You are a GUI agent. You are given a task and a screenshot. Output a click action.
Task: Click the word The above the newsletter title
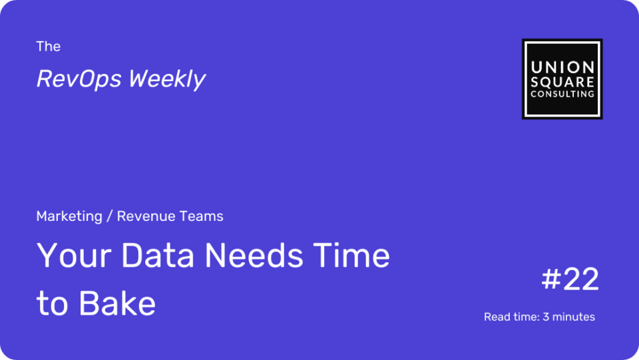pyautogui.click(x=48, y=47)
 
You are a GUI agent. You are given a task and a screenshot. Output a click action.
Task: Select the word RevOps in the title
pyautogui.click(x=79, y=79)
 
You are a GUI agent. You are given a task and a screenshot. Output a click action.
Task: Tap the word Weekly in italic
pyautogui.click(x=167, y=79)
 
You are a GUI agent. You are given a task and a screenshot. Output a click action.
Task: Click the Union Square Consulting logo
pyautogui.click(x=562, y=79)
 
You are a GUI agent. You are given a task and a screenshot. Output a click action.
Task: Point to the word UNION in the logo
pyautogui.click(x=562, y=67)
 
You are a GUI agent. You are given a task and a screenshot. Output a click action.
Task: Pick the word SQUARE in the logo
pyautogui.click(x=562, y=82)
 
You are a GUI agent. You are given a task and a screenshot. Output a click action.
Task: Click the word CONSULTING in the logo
pyautogui.click(x=562, y=94)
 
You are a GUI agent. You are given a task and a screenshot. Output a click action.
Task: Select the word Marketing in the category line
pyautogui.click(x=69, y=216)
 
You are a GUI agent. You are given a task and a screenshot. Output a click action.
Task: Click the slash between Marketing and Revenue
pyautogui.click(x=109, y=216)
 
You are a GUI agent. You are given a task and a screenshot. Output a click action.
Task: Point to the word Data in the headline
pyautogui.click(x=158, y=256)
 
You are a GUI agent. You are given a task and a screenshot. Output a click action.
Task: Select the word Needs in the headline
pyautogui.click(x=254, y=256)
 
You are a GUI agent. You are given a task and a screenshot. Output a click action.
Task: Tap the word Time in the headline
pyautogui.click(x=351, y=256)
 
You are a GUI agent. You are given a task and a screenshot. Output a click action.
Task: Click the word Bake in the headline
pyautogui.click(x=117, y=303)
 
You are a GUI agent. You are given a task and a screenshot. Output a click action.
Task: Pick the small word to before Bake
pyautogui.click(x=52, y=304)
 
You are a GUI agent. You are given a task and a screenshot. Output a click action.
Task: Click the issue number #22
pyautogui.click(x=570, y=279)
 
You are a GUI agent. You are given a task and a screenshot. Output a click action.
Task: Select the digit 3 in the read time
pyautogui.click(x=546, y=317)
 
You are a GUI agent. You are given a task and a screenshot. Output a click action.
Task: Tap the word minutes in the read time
pyautogui.click(x=573, y=317)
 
